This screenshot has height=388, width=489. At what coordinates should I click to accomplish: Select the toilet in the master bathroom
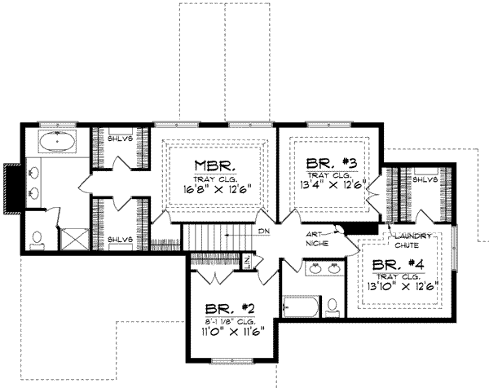point(36,239)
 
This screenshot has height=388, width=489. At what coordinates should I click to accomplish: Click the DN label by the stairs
point(262,232)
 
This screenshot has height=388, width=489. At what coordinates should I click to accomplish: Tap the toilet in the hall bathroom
point(332,307)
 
